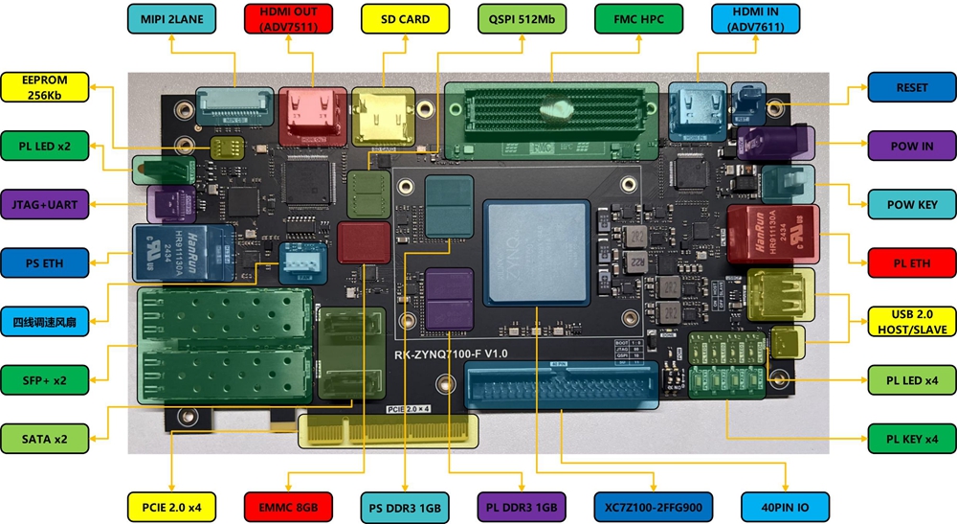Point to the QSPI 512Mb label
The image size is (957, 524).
click(516, 19)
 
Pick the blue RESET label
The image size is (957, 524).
click(912, 87)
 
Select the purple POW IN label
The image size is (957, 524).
click(912, 146)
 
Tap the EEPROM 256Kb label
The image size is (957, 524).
click(46, 87)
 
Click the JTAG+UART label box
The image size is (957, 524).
click(46, 203)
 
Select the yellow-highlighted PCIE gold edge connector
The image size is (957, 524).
click(388, 431)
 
